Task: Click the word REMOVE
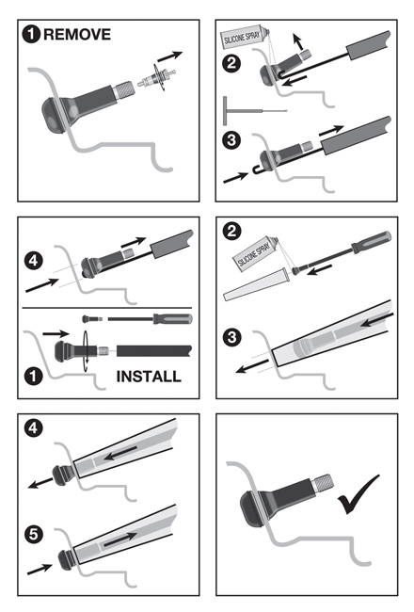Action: click(77, 34)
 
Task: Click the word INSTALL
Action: click(149, 377)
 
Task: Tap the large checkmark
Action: click(358, 493)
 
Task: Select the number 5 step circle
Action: click(34, 534)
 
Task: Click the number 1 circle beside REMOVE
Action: click(31, 34)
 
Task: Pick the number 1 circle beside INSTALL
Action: click(33, 377)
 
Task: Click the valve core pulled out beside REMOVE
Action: click(157, 77)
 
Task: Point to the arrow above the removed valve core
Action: click(169, 56)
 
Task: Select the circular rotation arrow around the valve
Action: click(86, 351)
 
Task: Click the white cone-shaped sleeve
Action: click(256, 284)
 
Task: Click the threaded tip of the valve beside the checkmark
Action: click(323, 482)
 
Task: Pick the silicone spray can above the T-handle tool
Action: click(245, 37)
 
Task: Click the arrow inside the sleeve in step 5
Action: click(120, 539)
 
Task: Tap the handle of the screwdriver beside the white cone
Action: click(371, 242)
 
